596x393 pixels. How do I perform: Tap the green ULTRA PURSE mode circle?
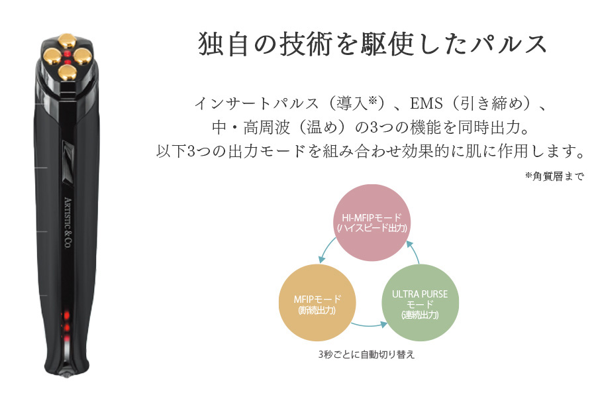pyautogui.click(x=420, y=303)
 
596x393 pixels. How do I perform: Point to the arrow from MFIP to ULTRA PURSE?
pyautogui.click(x=368, y=325)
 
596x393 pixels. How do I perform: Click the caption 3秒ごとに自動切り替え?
pyautogui.click(x=366, y=355)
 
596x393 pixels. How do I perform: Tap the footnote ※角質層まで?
pyautogui.click(x=554, y=176)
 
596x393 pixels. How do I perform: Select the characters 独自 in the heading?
pyautogui.click(x=221, y=44)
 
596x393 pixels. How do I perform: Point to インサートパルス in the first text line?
pyautogui.click(x=252, y=104)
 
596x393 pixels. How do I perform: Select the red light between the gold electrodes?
pyautogui.click(x=68, y=56)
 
